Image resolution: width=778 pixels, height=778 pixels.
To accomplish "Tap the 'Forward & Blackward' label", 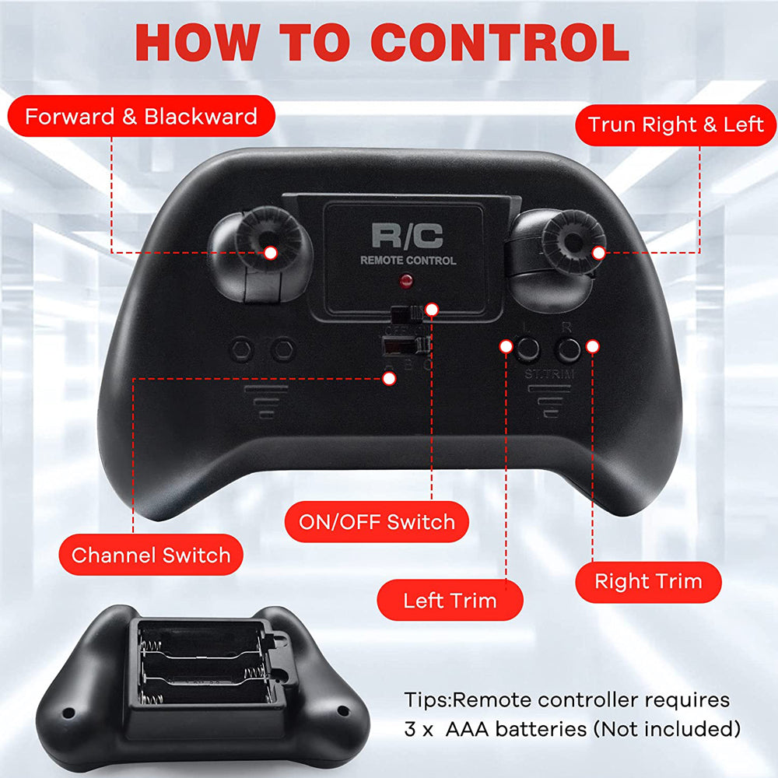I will click(141, 117).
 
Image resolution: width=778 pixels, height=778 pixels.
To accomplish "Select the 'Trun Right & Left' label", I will click(675, 124).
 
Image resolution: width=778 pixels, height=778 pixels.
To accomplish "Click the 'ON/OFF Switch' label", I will click(377, 521).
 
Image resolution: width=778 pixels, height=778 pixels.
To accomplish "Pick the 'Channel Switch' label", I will click(151, 555).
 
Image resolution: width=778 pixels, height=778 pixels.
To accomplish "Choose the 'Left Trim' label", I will click(450, 601).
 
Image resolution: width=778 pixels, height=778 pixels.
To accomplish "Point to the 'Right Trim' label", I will click(648, 581).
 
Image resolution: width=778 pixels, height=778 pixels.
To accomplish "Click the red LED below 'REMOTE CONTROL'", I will click(405, 280).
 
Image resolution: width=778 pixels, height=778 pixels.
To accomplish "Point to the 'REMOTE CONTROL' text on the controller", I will click(408, 261).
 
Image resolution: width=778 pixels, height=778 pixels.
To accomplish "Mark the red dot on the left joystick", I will click(271, 252).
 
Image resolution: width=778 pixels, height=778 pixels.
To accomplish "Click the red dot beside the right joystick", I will click(598, 252).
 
